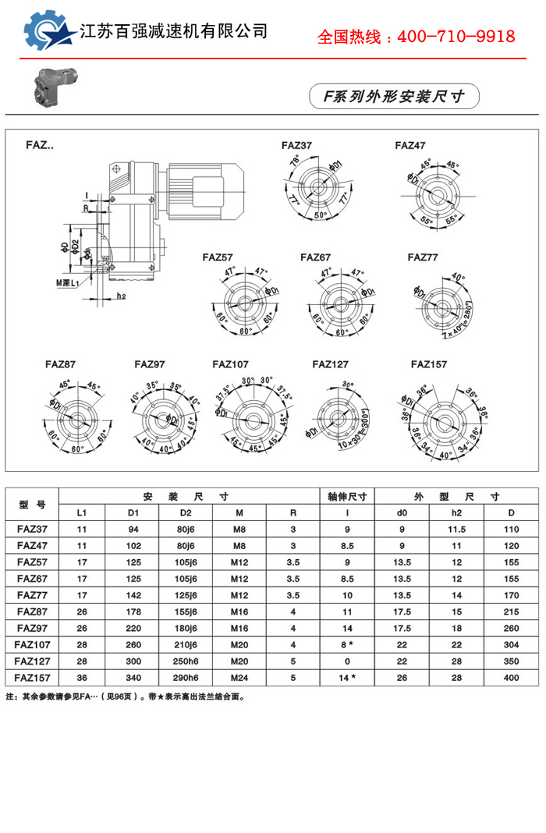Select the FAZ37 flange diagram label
tap(296, 146)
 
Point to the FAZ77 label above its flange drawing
tap(423, 257)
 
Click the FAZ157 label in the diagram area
tap(428, 363)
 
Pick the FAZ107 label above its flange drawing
tap(230, 363)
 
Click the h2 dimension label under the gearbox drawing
tap(121, 296)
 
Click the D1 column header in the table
tap(133, 512)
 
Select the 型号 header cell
tap(33, 504)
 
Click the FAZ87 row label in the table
tap(33, 611)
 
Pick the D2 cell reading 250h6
tap(186, 661)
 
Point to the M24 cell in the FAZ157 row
tap(239, 677)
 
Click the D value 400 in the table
tap(511, 677)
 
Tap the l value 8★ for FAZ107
tap(348, 644)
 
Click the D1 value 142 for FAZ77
tap(133, 595)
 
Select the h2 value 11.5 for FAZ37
tap(456, 530)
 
